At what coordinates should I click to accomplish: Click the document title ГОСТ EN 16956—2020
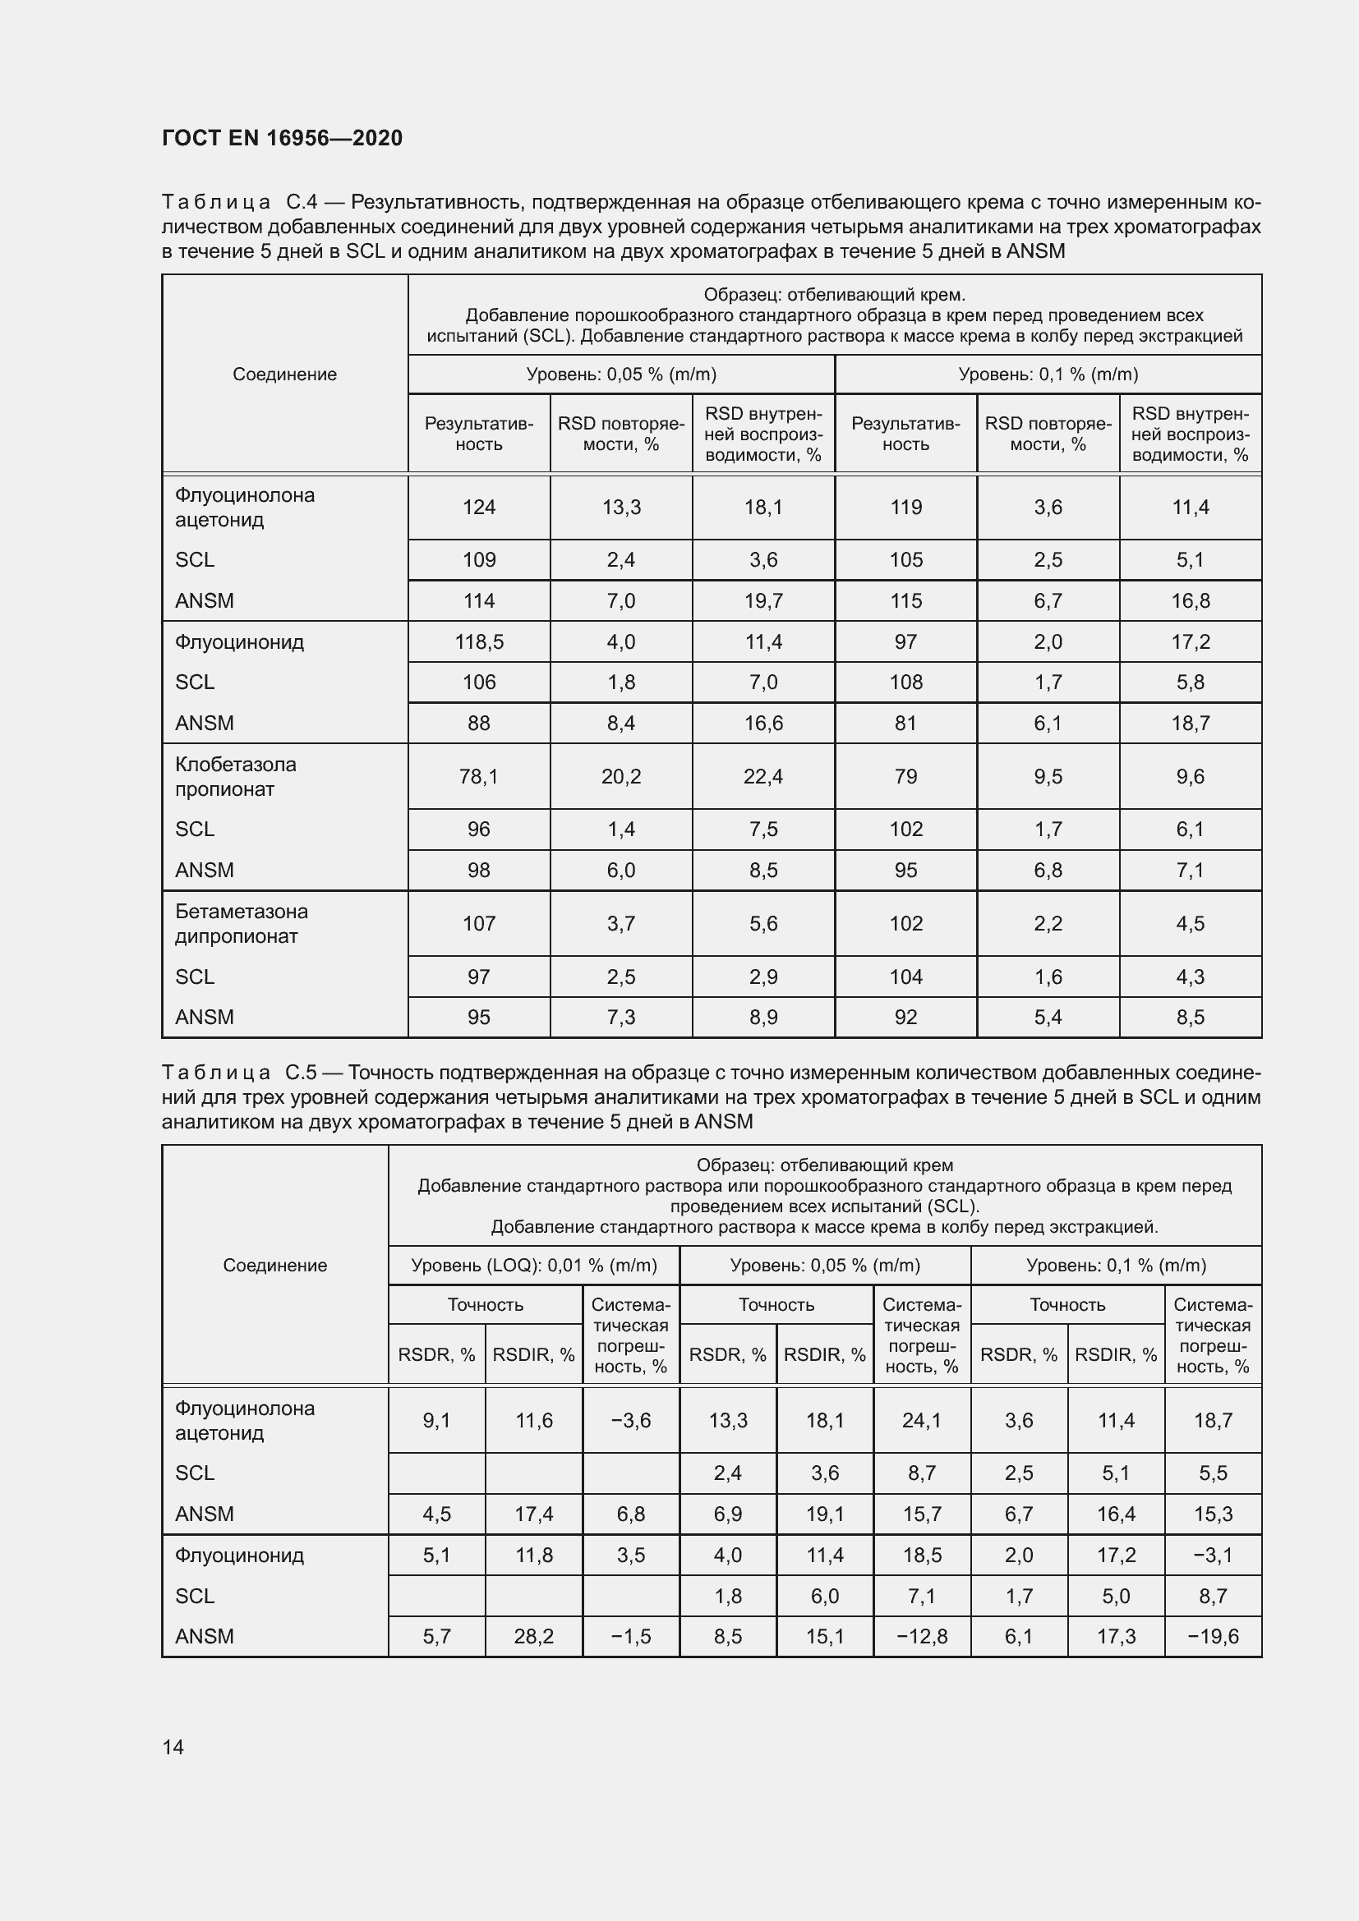pyautogui.click(x=282, y=138)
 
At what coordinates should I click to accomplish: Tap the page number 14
pyautogui.click(x=173, y=1747)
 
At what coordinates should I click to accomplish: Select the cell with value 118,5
pyautogui.click(x=479, y=641)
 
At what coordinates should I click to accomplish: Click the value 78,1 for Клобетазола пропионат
pyautogui.click(x=479, y=776)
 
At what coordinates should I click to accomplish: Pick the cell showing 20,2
pyautogui.click(x=621, y=776)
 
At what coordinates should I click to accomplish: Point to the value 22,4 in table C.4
pyautogui.click(x=763, y=776)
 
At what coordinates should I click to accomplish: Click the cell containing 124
pyautogui.click(x=479, y=507)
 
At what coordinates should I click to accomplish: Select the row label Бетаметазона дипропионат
pyautogui.click(x=241, y=924)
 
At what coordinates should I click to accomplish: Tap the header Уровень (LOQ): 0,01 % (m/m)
pyautogui.click(x=534, y=1265)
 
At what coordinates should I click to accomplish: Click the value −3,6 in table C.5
pyautogui.click(x=630, y=1420)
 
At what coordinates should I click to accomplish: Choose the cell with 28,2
pyautogui.click(x=534, y=1636)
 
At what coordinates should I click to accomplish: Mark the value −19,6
pyautogui.click(x=1213, y=1636)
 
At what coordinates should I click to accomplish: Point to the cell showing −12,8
pyautogui.click(x=921, y=1636)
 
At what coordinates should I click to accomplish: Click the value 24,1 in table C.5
pyautogui.click(x=921, y=1420)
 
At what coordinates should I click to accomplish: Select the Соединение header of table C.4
pyautogui.click(x=284, y=374)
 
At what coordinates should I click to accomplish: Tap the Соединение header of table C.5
pyautogui.click(x=274, y=1265)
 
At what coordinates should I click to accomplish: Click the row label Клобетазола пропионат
pyautogui.click(x=235, y=776)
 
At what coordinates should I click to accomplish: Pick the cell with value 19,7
pyautogui.click(x=763, y=600)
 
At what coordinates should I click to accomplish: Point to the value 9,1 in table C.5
pyautogui.click(x=436, y=1420)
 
